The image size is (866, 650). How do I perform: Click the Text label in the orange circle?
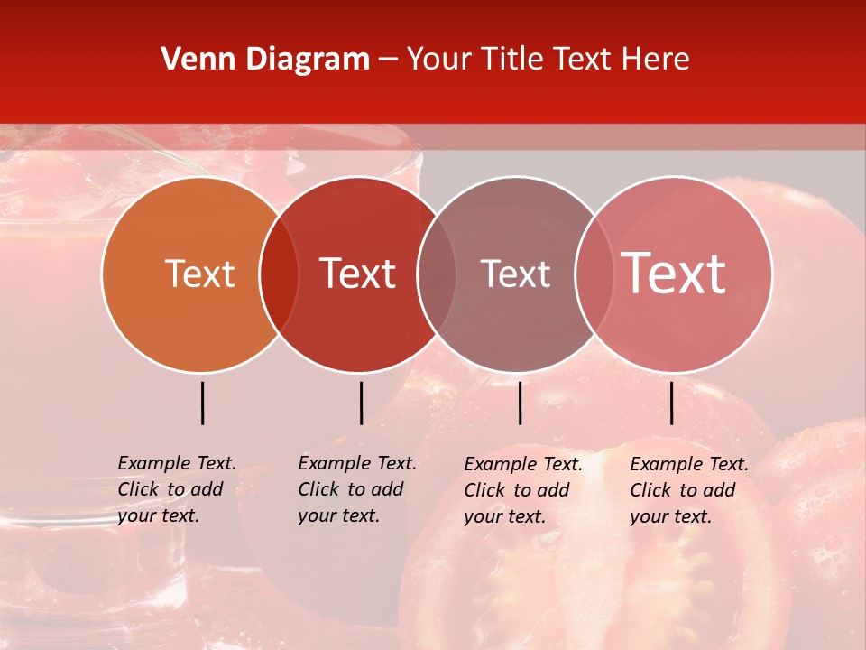pos(199,274)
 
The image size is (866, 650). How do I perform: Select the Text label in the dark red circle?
pos(357,274)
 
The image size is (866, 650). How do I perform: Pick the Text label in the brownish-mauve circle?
pos(515,274)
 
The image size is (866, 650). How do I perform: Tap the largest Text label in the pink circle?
pos(674,274)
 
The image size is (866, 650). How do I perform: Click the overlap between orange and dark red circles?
pos(278,274)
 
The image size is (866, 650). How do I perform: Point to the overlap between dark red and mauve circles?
pos(437,274)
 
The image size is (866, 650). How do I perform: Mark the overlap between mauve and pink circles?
pos(594,274)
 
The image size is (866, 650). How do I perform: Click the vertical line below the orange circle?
pos(202,403)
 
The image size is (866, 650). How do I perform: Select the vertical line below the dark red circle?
pos(361,403)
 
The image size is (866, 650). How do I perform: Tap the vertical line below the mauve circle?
pos(520,403)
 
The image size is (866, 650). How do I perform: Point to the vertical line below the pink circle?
pos(671,403)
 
